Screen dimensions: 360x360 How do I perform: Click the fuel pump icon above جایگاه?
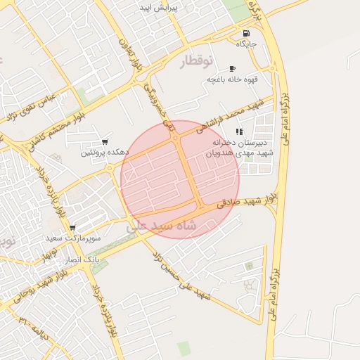click(x=245, y=33)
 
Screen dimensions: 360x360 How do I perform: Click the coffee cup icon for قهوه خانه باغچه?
click(x=232, y=68)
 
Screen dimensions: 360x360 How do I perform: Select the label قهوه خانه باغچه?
click(x=232, y=79)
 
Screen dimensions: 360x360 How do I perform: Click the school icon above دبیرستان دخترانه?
click(x=239, y=131)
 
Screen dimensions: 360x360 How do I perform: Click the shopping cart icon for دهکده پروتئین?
click(x=105, y=141)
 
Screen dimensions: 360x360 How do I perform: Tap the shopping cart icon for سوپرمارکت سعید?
click(x=72, y=228)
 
